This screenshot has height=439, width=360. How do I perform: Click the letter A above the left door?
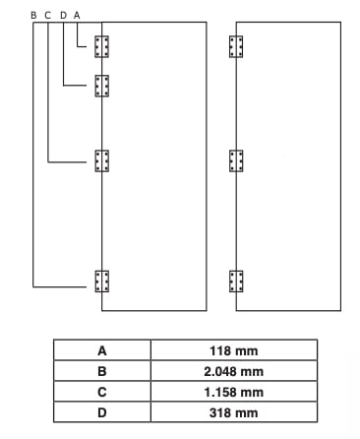(77, 15)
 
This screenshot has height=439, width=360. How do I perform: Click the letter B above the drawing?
(33, 15)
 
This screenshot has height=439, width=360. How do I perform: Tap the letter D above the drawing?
(62, 15)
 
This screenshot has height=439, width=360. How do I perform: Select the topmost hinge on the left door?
(101, 46)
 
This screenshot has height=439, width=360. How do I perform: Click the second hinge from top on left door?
(101, 86)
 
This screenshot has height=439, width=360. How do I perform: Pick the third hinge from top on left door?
(101, 160)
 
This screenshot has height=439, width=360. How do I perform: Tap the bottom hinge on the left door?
(101, 282)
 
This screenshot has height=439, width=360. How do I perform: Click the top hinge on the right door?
(236, 46)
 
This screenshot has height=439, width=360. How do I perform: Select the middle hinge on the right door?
(236, 161)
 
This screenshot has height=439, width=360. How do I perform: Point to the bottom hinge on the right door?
(236, 282)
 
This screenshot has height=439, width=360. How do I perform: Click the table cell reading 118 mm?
(233, 350)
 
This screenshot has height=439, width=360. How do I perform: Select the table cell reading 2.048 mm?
(233, 371)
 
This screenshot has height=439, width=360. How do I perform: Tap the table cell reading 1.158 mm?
(233, 392)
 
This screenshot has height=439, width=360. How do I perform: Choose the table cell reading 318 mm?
(233, 412)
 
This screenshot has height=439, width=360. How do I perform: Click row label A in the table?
(101, 350)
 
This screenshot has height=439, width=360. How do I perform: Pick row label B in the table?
(101, 371)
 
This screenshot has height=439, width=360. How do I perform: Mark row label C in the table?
(101, 392)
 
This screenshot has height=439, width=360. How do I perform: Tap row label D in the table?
(101, 412)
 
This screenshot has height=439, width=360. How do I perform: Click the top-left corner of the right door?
(237, 22)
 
